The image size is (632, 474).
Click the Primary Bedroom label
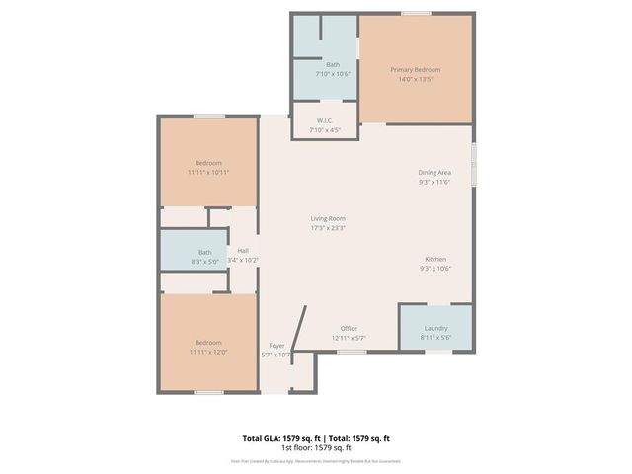pos(415,70)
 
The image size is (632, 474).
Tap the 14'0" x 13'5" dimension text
pos(415,80)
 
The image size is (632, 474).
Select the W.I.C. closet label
pos(324,121)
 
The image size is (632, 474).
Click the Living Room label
pos(329,219)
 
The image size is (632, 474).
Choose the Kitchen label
pos(435,259)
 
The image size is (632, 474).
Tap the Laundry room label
pos(435,328)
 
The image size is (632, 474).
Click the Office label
pos(349,328)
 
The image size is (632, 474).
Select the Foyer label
pos(276,346)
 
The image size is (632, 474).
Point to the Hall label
pos(243,251)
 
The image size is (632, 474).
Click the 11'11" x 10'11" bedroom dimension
pos(207,173)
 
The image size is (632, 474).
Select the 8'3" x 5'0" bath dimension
pos(204,261)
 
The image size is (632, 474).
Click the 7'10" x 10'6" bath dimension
pos(333,74)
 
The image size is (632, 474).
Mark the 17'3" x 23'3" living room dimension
pos(329,228)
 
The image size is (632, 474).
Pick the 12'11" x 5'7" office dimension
pos(349,338)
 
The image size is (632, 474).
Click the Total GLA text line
pos(316,438)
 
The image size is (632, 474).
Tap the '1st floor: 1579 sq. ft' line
pos(316,447)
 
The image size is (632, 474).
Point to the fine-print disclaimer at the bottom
pos(316,460)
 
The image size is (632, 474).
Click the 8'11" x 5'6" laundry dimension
pos(435,338)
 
